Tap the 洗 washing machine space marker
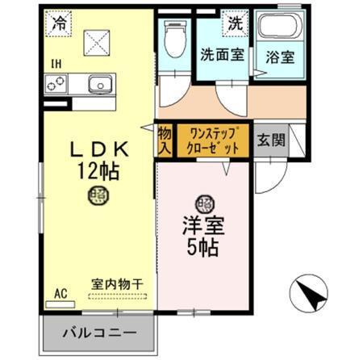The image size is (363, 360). click(235, 23)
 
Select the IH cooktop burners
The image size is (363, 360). click(57, 83)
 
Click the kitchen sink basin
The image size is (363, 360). click(99, 83)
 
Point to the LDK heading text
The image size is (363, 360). click(98, 149)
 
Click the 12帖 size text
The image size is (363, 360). click(98, 170)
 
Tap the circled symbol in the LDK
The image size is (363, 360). click(98, 194)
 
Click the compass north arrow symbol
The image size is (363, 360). click(309, 296)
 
